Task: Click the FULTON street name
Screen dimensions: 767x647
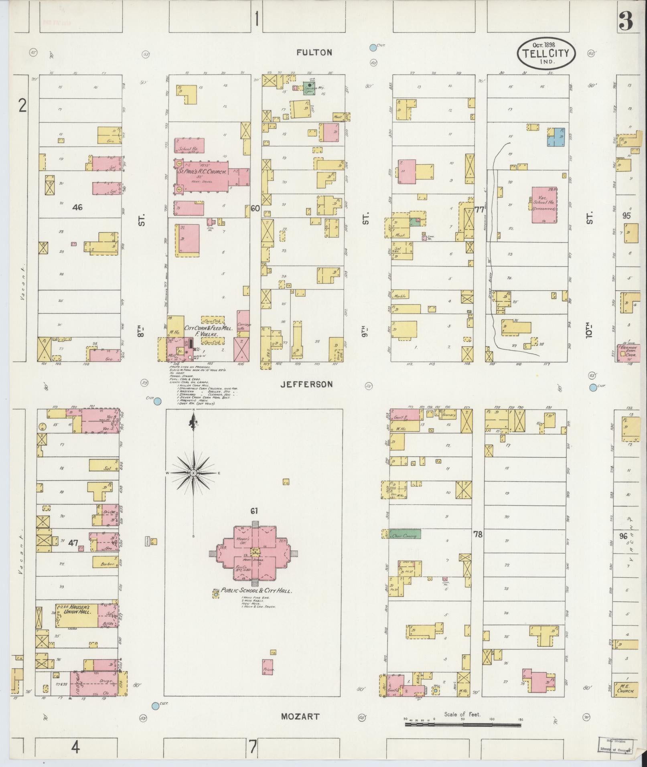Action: [x=314, y=53]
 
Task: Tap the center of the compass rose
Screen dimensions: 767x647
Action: [x=194, y=473]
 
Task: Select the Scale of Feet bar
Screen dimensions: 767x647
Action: [x=463, y=725]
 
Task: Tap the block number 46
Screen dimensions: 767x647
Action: [x=77, y=207]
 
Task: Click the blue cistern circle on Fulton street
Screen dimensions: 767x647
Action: [x=373, y=47]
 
